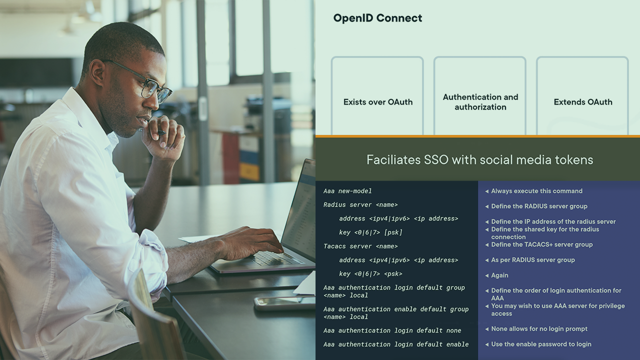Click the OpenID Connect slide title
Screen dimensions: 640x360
tap(377, 18)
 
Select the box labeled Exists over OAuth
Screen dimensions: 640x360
tap(377, 95)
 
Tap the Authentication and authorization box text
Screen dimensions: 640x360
tap(480, 102)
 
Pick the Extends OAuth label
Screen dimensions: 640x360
tap(583, 102)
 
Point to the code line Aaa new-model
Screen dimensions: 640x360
tap(347, 191)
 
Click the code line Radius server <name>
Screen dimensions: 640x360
tap(360, 204)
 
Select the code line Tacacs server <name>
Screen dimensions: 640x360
tap(360, 246)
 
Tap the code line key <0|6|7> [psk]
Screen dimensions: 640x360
tap(370, 232)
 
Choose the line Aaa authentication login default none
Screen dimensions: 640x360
tap(392, 330)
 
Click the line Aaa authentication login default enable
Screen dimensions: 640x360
tap(396, 344)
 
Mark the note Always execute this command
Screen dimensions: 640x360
tap(536, 191)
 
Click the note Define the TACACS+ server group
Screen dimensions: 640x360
tap(541, 244)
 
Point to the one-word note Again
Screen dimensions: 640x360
tap(499, 275)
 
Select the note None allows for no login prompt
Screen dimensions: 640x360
tap(539, 329)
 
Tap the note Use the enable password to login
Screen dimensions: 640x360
tap(541, 344)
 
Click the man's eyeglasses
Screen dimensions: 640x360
tap(143, 81)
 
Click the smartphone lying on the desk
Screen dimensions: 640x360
tap(285, 303)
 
